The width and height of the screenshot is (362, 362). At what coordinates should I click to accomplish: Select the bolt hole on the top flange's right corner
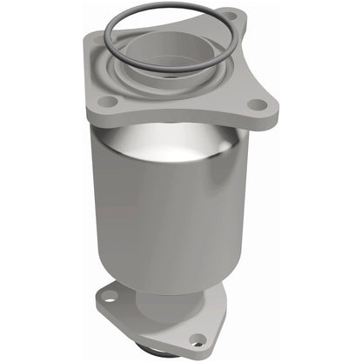pos(258,105)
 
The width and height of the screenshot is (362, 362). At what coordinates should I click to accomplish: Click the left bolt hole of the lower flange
pos(108,297)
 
